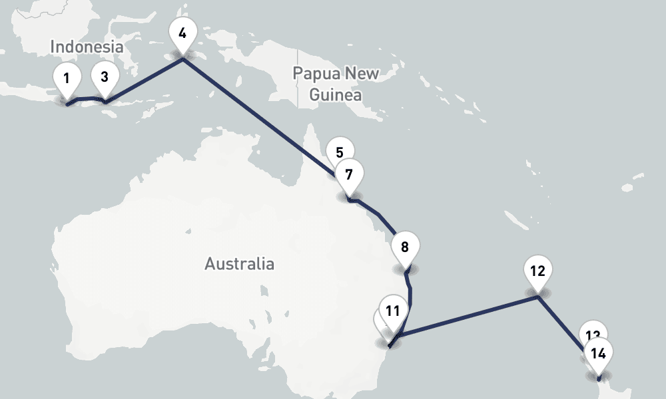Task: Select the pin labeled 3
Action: pos(105,76)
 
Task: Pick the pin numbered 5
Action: pos(339,151)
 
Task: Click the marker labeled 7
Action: pos(349,175)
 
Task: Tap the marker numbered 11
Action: pos(392,311)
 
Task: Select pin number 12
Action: pos(537,271)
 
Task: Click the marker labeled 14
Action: pos(598,353)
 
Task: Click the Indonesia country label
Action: pos(87,47)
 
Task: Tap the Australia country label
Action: pos(239,264)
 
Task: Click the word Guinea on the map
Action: pos(336,94)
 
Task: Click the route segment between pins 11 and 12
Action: pos(466,316)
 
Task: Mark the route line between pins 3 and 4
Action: pos(143,80)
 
